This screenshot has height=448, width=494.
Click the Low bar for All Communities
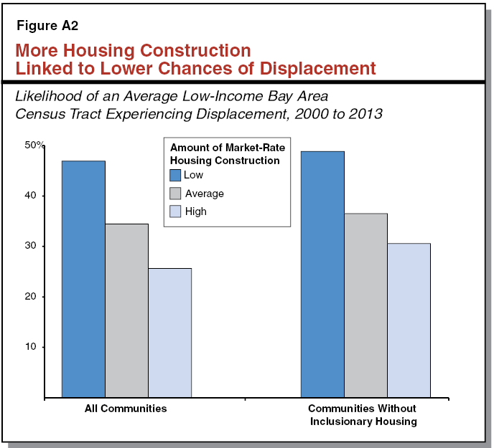pos(83,279)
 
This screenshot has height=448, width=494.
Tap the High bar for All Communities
pos(169,333)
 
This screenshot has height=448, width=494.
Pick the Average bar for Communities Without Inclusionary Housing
pos(365,305)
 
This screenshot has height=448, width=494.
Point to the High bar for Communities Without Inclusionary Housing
pos(409,320)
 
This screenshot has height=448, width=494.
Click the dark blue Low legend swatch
pos(175,175)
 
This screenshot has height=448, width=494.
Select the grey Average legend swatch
pos(175,194)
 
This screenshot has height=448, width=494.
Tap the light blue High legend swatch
pos(175,211)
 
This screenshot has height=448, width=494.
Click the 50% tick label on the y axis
pos(34,146)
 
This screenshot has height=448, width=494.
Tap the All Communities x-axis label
pos(126,409)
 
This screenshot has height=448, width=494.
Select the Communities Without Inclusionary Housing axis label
pos(363,415)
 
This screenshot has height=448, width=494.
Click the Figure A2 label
pos(47,26)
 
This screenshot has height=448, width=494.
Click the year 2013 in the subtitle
pos(366,113)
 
